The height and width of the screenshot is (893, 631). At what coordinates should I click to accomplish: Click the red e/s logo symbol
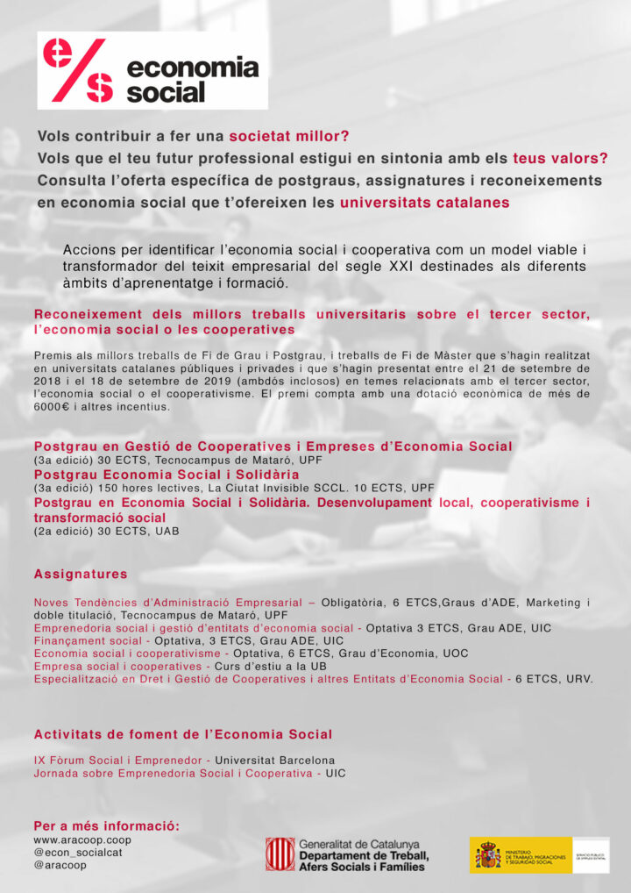(x=77, y=71)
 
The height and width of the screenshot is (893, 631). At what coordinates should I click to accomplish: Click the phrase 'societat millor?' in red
(x=288, y=137)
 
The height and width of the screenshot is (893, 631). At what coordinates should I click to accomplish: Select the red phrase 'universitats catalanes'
(x=424, y=203)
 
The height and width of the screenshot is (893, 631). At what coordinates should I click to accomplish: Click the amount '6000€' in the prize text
(x=53, y=407)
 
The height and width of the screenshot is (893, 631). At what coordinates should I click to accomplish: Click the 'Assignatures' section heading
(x=81, y=574)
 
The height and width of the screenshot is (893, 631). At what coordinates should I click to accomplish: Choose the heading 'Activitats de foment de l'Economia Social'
(x=183, y=734)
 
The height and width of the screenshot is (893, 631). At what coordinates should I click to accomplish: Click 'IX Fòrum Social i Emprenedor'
(x=119, y=760)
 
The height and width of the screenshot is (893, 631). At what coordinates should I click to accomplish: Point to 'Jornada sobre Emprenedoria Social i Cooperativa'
(x=173, y=773)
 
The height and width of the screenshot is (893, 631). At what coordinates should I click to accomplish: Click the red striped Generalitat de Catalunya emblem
(x=280, y=854)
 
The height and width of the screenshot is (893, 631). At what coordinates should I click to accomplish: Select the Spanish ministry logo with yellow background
(x=521, y=854)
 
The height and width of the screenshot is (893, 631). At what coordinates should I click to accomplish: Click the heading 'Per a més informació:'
(x=106, y=826)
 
